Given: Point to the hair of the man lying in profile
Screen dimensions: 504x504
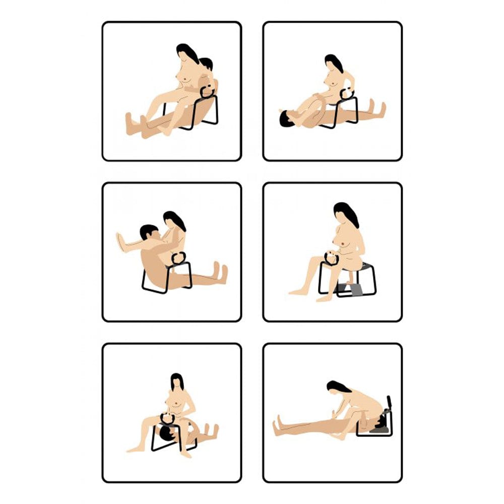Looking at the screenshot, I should [285, 119].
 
